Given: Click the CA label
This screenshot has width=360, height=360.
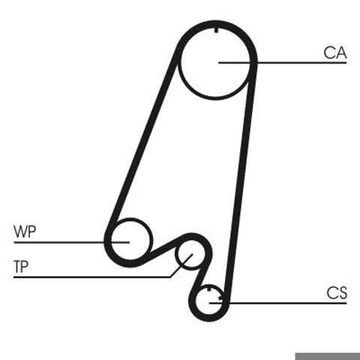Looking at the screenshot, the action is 335,52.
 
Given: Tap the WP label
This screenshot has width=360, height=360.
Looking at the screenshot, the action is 25,232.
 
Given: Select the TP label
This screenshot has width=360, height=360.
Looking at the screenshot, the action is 21,266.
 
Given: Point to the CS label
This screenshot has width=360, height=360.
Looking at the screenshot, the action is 337,292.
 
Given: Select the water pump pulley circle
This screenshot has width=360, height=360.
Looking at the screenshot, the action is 151,239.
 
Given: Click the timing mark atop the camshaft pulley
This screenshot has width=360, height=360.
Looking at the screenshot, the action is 216,29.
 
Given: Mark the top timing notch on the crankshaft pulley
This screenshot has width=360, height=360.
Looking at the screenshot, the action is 209,289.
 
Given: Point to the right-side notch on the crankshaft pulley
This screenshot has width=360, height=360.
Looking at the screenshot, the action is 220,298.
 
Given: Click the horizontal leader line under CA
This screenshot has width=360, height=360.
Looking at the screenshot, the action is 283,62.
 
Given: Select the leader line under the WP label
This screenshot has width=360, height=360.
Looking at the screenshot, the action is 71,242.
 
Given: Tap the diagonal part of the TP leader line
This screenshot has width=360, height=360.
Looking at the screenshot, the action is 181,265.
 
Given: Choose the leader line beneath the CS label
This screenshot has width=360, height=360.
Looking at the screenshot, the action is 277,303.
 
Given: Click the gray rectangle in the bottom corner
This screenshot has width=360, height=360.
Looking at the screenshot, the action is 328,356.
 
